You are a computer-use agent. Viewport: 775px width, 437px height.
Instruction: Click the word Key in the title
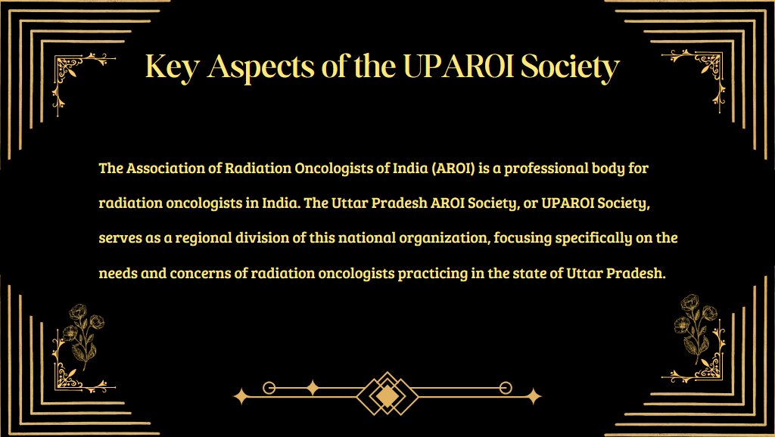[x=172, y=67]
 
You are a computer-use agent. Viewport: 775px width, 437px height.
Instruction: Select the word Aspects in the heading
[x=260, y=67]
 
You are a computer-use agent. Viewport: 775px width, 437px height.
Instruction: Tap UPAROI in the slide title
[x=459, y=66]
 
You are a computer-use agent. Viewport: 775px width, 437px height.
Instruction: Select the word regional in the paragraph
[x=204, y=238]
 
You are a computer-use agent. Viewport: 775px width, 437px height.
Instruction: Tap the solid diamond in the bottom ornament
[x=387, y=395]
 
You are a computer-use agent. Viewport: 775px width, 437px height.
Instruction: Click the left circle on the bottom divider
[x=269, y=388]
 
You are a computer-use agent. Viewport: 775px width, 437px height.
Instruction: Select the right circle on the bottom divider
[x=506, y=388]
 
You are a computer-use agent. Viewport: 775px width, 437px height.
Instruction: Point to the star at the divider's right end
[x=534, y=396]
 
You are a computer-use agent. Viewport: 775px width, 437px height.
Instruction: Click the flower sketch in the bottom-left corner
[x=82, y=336]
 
